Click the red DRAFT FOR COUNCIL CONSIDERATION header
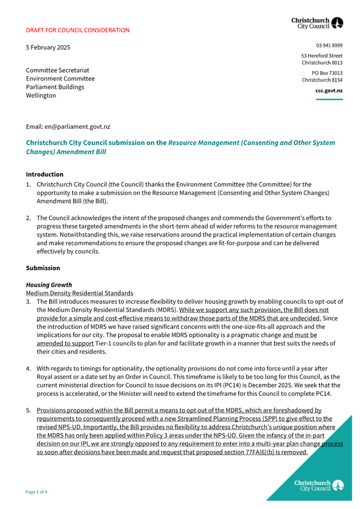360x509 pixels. [x=77, y=30]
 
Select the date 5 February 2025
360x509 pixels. [x=48, y=47]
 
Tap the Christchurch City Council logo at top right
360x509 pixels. [x=317, y=22]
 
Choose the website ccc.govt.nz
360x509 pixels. [x=329, y=91]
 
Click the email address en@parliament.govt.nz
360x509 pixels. [x=77, y=127]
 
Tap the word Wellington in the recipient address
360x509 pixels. [x=41, y=95]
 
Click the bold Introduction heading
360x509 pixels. [x=45, y=174]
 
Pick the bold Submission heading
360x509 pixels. [x=43, y=268]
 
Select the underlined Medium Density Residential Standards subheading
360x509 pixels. [x=79, y=294]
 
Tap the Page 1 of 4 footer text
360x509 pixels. [x=37, y=492]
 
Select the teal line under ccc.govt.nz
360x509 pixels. [x=329, y=100]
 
